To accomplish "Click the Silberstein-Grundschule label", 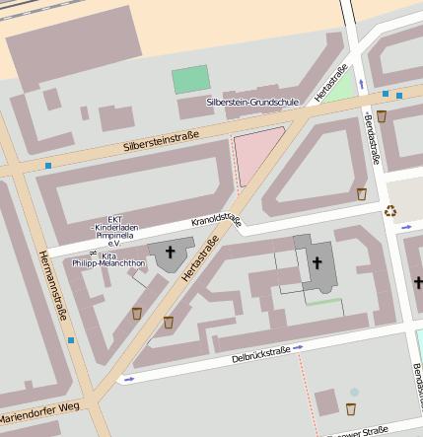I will click(252, 102).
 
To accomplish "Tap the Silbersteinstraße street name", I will click(162, 140).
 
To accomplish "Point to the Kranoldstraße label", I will click(217, 220).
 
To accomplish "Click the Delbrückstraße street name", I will click(260, 354).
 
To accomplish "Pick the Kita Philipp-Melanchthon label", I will click(122, 259).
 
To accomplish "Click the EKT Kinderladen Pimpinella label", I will click(115, 231).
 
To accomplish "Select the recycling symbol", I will click(390, 209).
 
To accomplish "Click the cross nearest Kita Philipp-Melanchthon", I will click(170, 253).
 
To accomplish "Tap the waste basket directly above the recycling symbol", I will click(362, 193).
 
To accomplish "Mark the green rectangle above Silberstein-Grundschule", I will click(190, 80).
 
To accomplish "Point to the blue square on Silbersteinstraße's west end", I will click(47, 166).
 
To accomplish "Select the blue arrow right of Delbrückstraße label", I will click(298, 347).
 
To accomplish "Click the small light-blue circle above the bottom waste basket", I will click(354, 392).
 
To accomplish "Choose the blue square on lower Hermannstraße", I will click(70, 340).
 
